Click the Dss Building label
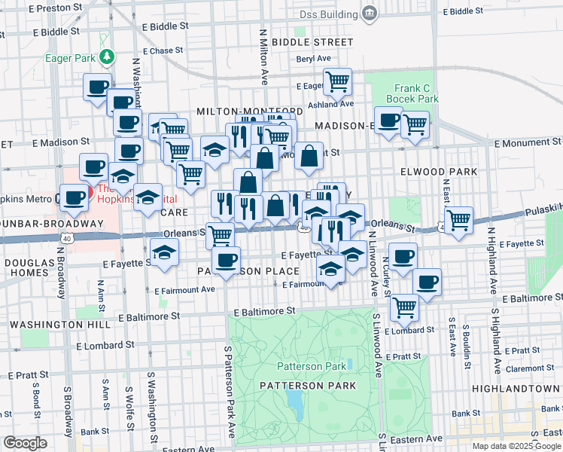(x=328, y=14)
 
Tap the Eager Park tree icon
(x=107, y=56)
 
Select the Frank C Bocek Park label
(x=412, y=93)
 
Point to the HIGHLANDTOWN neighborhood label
(x=516, y=387)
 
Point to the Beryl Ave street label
(x=314, y=59)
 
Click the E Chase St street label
(x=161, y=51)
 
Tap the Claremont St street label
(x=530, y=368)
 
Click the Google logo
(x=26, y=443)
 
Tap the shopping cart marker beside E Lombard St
(x=404, y=306)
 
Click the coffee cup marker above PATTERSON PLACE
(x=225, y=260)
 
